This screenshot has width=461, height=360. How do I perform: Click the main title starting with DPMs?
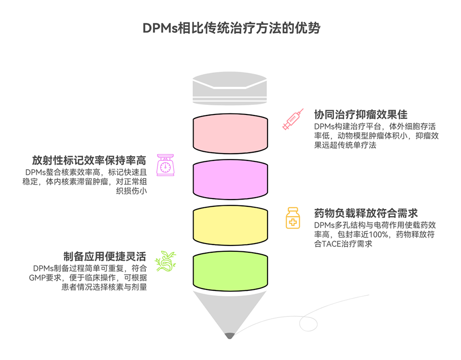[231, 28]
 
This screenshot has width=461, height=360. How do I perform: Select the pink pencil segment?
[230, 133]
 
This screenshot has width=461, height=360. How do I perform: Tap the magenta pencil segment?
[230, 179]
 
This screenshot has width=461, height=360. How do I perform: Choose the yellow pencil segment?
[230, 224]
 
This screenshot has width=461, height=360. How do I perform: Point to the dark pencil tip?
[230, 335]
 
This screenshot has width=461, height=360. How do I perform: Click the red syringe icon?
[293, 119]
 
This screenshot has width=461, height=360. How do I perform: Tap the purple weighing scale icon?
[165, 165]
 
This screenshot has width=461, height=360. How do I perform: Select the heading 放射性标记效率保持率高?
[89, 160]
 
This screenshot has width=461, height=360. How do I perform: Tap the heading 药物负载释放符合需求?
[365, 213]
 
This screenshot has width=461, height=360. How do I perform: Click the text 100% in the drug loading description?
[379, 235]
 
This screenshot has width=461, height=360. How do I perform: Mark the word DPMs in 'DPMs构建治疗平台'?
[324, 127]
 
